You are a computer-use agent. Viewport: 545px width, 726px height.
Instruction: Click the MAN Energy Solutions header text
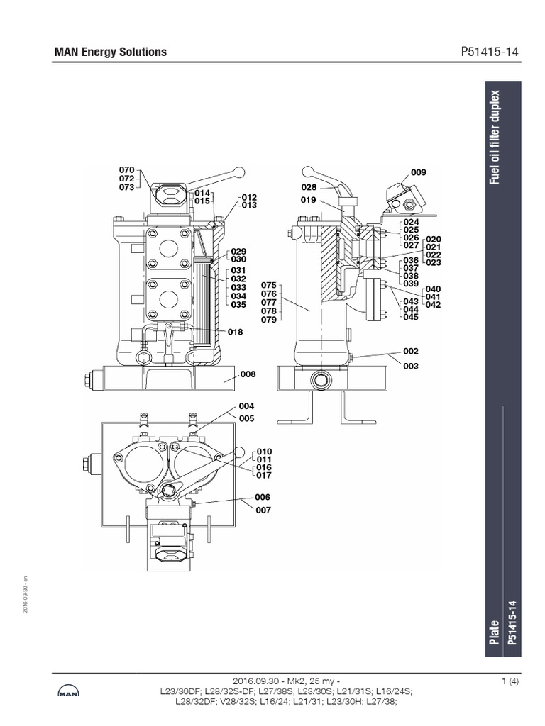[111, 52]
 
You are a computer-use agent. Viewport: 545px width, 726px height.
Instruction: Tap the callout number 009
[419, 172]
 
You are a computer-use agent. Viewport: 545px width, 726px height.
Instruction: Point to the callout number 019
[307, 200]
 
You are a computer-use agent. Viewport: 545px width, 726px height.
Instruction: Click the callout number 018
[236, 331]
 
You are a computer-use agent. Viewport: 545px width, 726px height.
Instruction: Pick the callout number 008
[248, 374]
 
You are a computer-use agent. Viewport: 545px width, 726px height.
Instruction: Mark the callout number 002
[411, 351]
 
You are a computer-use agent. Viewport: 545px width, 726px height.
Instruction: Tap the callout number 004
[246, 406]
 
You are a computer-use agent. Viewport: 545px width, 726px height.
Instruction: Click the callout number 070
[126, 169]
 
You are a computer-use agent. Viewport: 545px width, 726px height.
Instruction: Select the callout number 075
[268, 286]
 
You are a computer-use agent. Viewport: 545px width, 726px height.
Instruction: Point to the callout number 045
[411, 317]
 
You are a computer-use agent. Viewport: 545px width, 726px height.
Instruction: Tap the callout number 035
[238, 305]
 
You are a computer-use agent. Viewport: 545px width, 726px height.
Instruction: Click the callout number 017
[264, 476]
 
